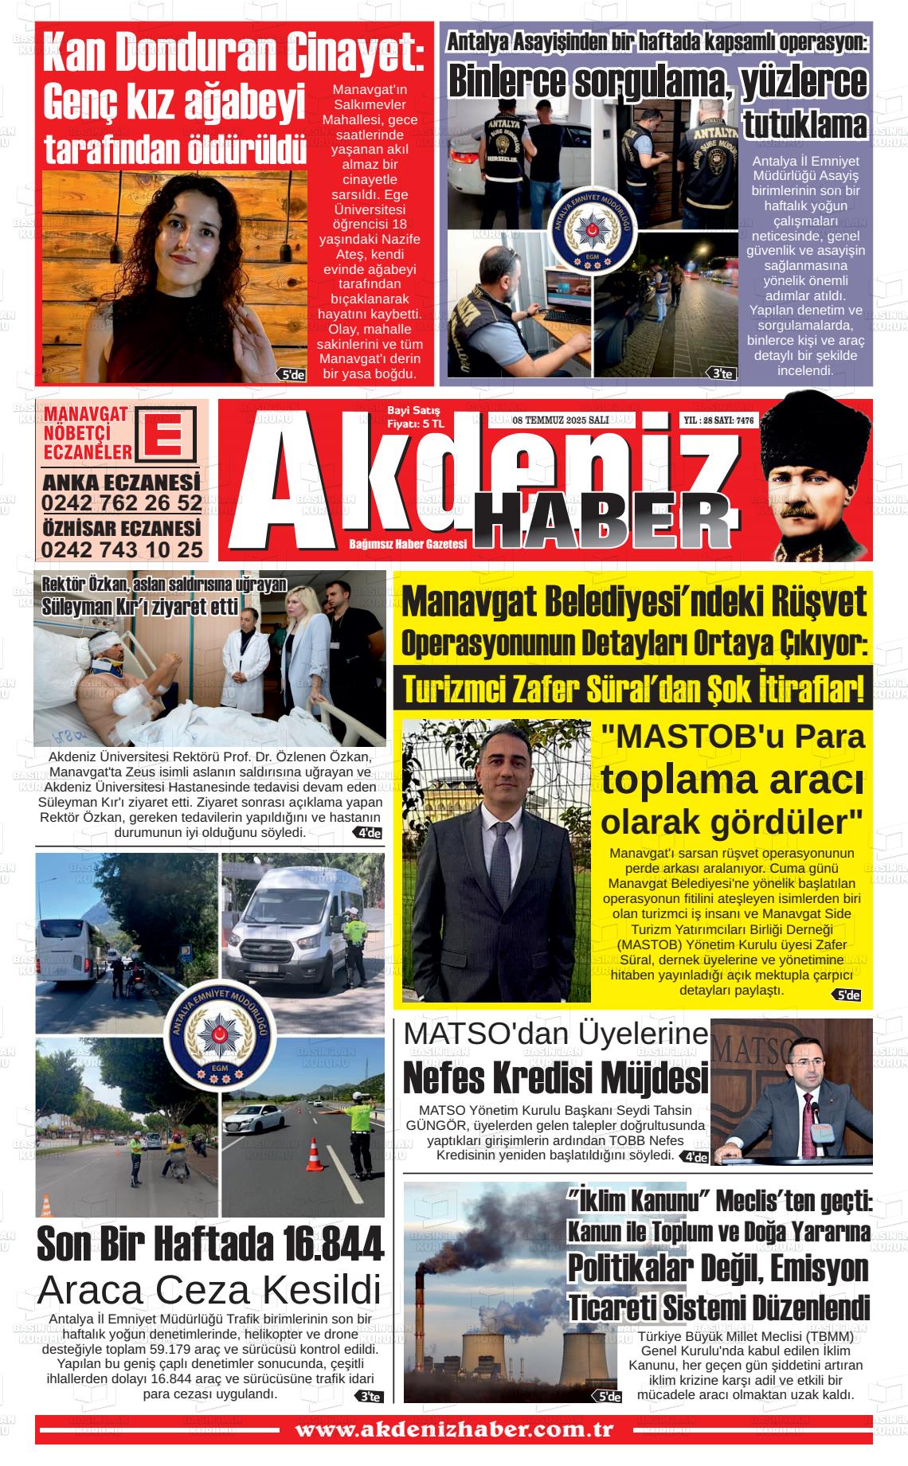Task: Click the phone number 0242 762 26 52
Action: [x=121, y=503]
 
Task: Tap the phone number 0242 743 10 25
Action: [x=121, y=549]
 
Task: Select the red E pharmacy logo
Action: [x=166, y=434]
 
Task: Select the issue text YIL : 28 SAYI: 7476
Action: [x=719, y=420]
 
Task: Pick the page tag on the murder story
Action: [x=291, y=374]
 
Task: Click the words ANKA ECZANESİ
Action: [x=121, y=483]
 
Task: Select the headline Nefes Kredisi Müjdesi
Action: [x=555, y=1078]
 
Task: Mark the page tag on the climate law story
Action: [x=609, y=1396]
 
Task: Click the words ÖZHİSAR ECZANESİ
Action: [x=121, y=529]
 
